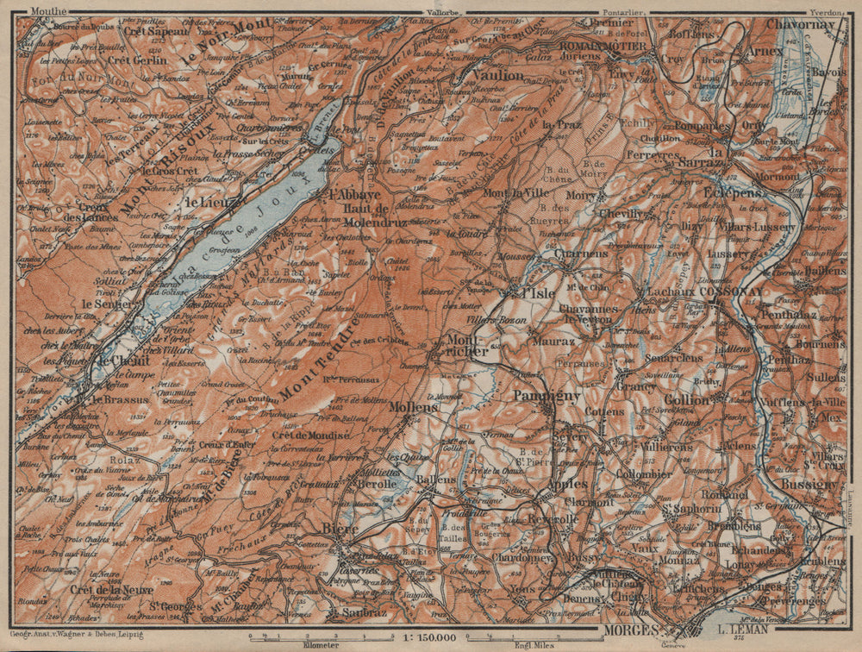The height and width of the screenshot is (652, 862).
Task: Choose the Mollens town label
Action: (409, 405)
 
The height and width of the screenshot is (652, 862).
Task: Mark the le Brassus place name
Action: (116, 399)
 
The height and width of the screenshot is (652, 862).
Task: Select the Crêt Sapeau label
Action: (157, 31)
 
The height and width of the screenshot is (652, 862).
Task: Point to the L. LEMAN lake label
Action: (742, 630)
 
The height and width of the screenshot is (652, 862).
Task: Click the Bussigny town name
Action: (809, 484)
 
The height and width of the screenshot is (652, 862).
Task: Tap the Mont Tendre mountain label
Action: (317, 362)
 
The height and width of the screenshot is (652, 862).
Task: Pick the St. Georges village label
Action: (170, 606)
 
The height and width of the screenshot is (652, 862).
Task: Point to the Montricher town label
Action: (465, 345)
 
